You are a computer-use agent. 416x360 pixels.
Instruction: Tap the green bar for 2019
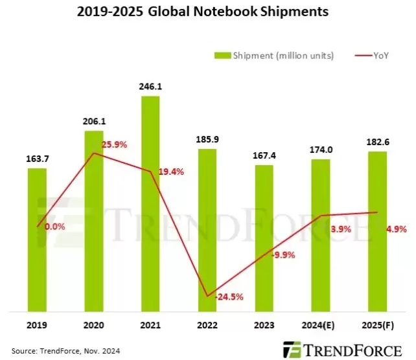[38, 240]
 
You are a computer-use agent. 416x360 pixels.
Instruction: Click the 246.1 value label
[151, 84]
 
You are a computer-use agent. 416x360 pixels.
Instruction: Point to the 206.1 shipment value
[95, 120]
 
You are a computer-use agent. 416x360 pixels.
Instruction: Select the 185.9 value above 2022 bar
[208, 139]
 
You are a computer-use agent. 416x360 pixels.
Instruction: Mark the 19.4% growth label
[170, 172]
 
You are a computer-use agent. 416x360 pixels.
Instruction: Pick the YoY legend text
[381, 56]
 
